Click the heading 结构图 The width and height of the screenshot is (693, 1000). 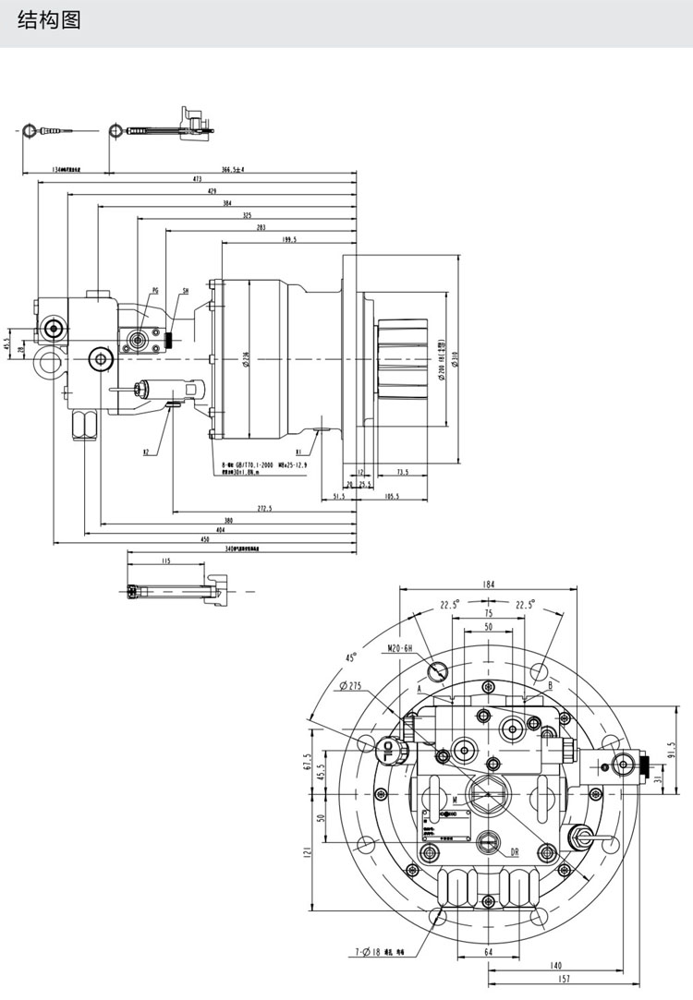[x=49, y=20]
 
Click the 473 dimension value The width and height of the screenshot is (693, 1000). [x=197, y=178]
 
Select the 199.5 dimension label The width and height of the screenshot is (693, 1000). [x=289, y=239]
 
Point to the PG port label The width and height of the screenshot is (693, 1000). [x=154, y=290]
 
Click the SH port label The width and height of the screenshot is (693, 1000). [x=186, y=290]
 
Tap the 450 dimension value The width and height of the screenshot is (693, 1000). [x=204, y=538]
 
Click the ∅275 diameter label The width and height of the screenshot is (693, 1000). [x=356, y=685]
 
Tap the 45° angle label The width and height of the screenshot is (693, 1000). [x=351, y=657]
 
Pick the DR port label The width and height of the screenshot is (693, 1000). [x=515, y=853]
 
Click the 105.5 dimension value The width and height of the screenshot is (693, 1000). [x=392, y=497]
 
